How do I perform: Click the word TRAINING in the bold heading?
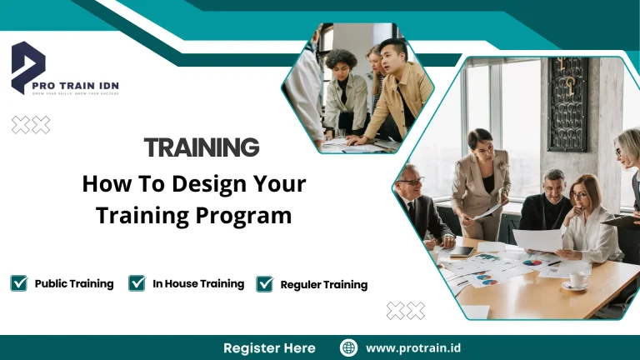[x=202, y=148]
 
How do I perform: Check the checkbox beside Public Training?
[x=18, y=283]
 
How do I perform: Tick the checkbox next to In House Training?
[x=137, y=283]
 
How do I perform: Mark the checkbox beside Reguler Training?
[x=264, y=284]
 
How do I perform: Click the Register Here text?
[x=269, y=347]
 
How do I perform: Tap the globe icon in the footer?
[x=349, y=347]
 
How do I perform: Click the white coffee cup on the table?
[x=576, y=278]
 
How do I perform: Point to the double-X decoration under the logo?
[x=31, y=125]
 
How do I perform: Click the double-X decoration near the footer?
[x=405, y=311]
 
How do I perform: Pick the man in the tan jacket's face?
[x=391, y=57]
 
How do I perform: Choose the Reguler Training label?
[x=323, y=284]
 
